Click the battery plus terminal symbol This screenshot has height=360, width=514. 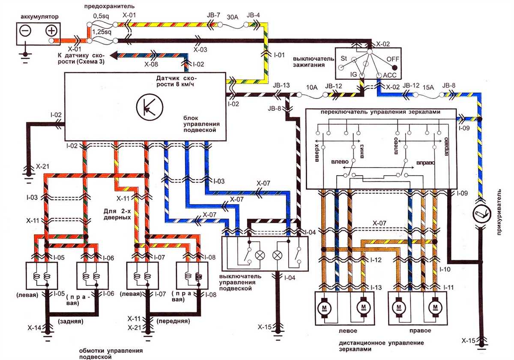point(51,31)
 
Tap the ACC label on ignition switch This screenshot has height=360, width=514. point(389,75)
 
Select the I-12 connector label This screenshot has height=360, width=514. point(376,260)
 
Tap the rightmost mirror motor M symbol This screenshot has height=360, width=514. point(436,307)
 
